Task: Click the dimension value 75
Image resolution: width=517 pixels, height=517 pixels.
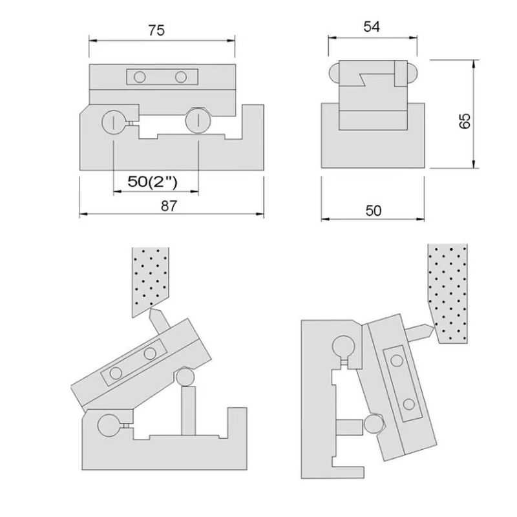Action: pos(156,30)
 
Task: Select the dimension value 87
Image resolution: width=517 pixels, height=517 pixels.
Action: pos(169,206)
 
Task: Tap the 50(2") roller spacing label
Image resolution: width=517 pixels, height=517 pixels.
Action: pos(153,182)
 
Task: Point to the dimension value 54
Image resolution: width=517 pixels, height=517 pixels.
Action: pos(372,26)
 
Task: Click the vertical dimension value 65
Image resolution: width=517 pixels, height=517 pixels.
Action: pos(465,121)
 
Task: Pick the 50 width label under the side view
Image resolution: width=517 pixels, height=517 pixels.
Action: pos(374,211)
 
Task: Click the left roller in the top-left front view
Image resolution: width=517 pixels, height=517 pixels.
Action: pos(114,122)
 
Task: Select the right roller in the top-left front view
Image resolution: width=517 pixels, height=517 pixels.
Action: pos(198,121)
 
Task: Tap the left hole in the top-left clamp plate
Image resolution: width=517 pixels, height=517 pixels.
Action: pos(140,78)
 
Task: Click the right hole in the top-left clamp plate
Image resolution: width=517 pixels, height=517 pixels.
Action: pos(181,78)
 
